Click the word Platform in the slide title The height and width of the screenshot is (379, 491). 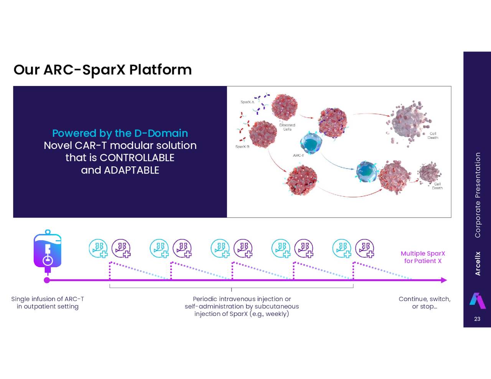(x=160, y=70)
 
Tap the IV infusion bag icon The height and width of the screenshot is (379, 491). (x=48, y=251)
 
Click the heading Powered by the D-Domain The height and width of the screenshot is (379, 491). (x=120, y=133)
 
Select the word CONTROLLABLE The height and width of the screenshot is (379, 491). (x=137, y=158)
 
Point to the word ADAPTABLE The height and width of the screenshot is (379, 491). (x=132, y=170)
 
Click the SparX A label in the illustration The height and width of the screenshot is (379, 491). (x=247, y=102)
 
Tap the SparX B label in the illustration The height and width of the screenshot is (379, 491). (x=242, y=147)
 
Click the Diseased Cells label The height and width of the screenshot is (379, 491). (x=287, y=127)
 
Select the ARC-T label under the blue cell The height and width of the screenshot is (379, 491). (x=298, y=156)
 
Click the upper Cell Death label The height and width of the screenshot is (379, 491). (x=433, y=136)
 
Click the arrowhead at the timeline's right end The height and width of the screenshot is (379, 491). (x=444, y=280)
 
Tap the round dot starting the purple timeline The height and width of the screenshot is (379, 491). (x=47, y=280)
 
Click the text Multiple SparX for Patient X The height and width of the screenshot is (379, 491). (x=423, y=257)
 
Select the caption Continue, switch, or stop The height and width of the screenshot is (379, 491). (x=424, y=303)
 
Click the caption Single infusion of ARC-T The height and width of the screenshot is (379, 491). (x=48, y=303)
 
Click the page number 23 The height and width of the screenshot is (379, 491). (x=477, y=319)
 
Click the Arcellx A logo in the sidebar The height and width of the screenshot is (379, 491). (x=477, y=300)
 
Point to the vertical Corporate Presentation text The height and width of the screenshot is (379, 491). (x=478, y=195)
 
